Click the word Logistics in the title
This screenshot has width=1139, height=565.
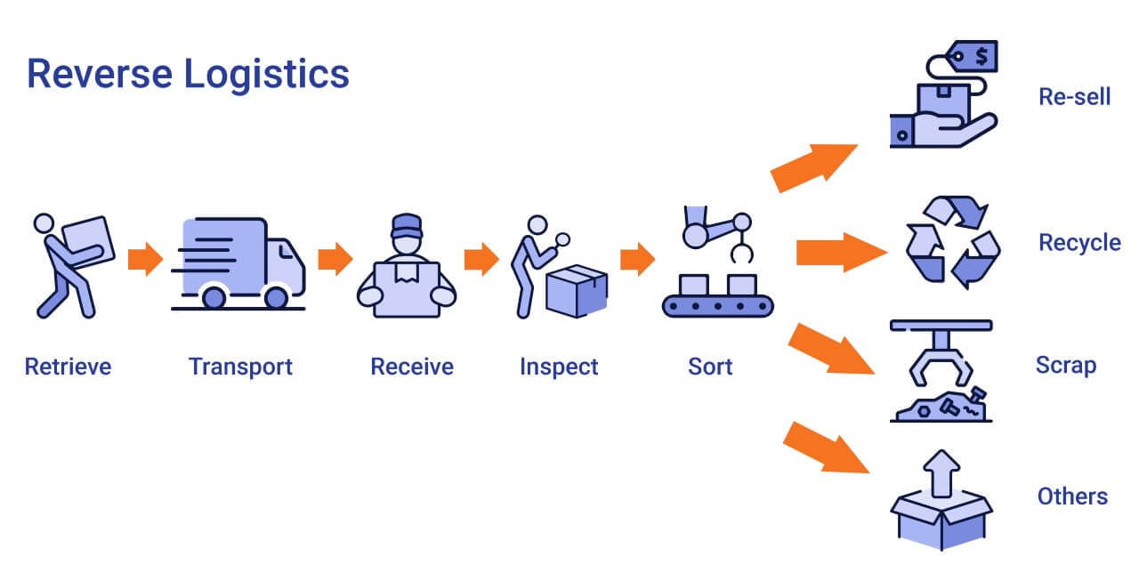(x=267, y=73)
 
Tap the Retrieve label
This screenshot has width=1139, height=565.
(x=69, y=366)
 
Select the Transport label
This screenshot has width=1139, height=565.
(x=240, y=366)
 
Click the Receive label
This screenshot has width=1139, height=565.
(x=412, y=366)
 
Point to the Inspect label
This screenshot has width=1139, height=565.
(x=559, y=366)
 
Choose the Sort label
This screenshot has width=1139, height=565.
(x=710, y=366)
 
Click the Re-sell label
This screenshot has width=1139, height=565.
(x=1074, y=96)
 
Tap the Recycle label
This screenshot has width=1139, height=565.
(x=1079, y=242)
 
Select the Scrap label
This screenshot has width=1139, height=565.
(x=1065, y=365)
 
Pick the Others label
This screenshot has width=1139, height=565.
(x=1072, y=496)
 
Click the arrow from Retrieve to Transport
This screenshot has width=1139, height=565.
(x=145, y=260)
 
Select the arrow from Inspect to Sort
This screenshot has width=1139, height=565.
(x=637, y=260)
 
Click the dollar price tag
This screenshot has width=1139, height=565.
(x=975, y=56)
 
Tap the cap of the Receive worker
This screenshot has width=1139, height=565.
(x=406, y=222)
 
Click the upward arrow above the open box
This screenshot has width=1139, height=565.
(x=941, y=472)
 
